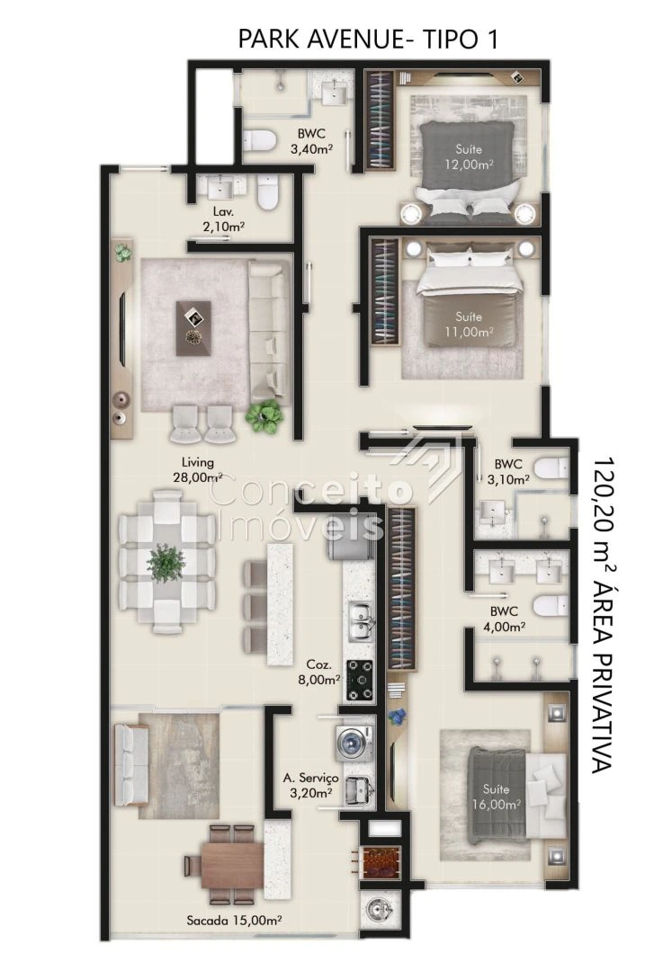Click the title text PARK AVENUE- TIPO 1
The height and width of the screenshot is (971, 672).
tap(368, 39)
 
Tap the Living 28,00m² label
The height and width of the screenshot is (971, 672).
tap(198, 469)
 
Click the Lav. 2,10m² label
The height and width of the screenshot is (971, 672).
tap(223, 218)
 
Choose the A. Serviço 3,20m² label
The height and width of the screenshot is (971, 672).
tap(311, 785)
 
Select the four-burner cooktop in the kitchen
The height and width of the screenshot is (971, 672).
tap(359, 680)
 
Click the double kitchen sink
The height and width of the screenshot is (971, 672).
tap(360, 622)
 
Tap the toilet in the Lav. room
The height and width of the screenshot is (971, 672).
tap(267, 191)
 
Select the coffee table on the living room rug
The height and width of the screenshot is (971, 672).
tap(193, 328)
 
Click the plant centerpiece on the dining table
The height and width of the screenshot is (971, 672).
tap(166, 562)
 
